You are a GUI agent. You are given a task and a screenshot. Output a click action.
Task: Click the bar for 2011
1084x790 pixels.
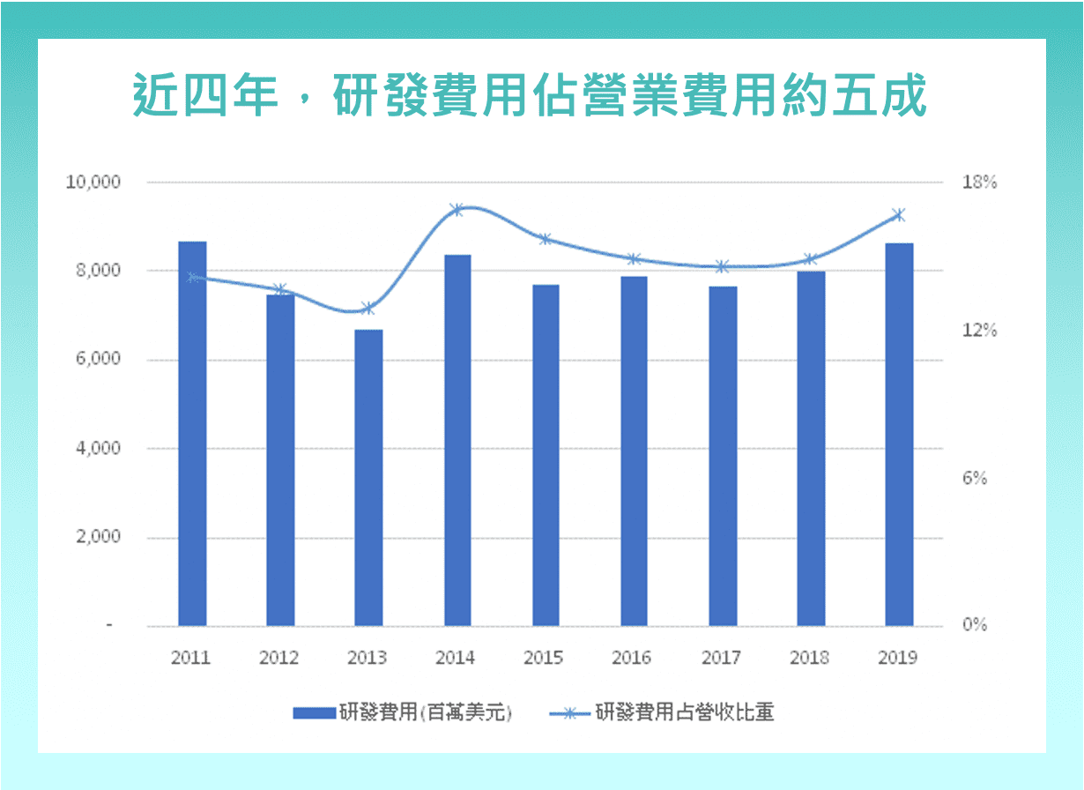pos(192,433)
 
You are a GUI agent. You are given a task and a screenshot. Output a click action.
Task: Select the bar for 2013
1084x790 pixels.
pos(368,477)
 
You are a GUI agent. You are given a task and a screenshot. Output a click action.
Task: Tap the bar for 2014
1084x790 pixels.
pos(457,440)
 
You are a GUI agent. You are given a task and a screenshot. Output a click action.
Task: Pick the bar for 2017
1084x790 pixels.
pos(723,456)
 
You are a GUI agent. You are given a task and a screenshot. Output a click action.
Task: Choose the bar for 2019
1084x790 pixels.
pos(899,434)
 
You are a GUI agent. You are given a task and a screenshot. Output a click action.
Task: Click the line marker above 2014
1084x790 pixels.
pos(457,210)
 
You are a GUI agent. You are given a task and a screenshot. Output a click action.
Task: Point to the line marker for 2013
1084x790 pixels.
pos(368,309)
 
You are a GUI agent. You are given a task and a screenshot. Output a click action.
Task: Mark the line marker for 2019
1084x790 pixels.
pos(899,215)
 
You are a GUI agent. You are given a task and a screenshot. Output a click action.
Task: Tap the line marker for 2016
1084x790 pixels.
pos(634,259)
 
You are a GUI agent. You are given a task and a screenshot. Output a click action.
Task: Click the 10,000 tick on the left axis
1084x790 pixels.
pos(93,183)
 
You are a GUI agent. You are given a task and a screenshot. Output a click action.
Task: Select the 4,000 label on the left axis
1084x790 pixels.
pos(93,448)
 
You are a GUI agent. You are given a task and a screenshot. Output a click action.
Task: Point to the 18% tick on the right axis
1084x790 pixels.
pos(980,183)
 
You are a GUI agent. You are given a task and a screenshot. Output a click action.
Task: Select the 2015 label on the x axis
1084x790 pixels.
pos(546,658)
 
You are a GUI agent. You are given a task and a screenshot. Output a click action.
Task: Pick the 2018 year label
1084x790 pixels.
pos(810,658)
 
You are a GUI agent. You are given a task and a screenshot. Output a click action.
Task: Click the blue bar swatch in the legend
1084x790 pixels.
pos(314,713)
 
